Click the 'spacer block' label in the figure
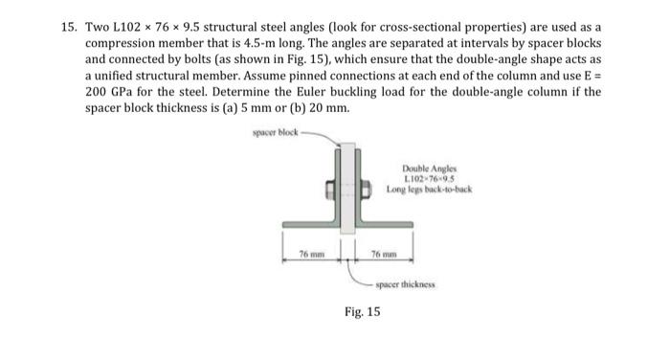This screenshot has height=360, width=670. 277,130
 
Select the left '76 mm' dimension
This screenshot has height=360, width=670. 310,253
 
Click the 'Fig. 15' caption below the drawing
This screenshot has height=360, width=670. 362,311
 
